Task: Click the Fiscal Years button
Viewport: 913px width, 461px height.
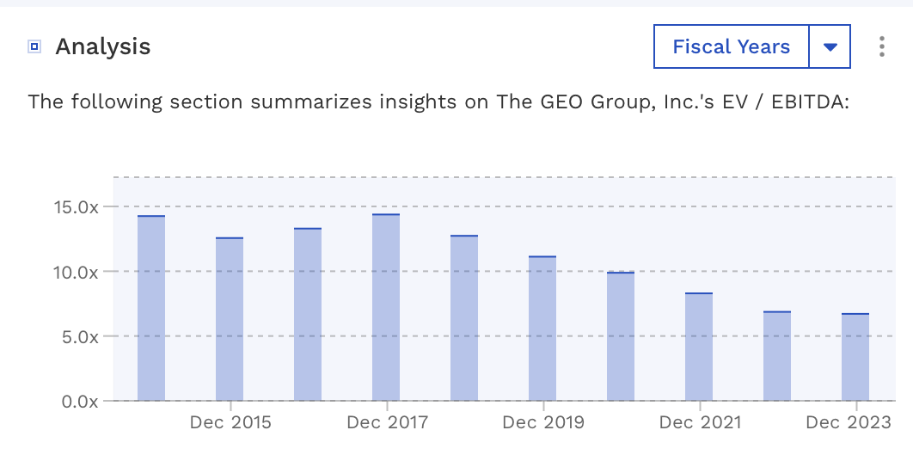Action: tap(731, 46)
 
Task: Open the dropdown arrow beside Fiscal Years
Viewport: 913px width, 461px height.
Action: tap(830, 46)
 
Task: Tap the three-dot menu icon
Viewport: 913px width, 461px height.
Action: tap(881, 46)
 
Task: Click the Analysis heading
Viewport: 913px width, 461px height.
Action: tap(103, 46)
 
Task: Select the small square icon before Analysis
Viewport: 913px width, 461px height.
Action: tap(34, 46)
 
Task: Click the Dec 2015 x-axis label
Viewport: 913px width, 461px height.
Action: tap(230, 422)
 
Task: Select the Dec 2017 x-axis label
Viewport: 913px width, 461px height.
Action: tap(387, 422)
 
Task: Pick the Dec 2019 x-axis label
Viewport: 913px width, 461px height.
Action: tap(543, 422)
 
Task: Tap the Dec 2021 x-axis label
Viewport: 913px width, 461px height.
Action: tap(700, 422)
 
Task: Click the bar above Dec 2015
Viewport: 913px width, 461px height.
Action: tap(230, 319)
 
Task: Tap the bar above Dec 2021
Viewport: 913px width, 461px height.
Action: tap(699, 347)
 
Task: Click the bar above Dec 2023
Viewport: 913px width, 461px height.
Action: tap(855, 358)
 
